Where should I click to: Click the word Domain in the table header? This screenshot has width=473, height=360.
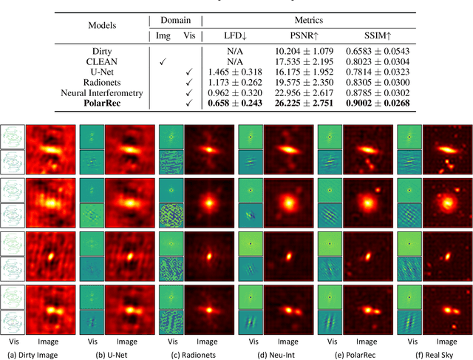click(x=175, y=20)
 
